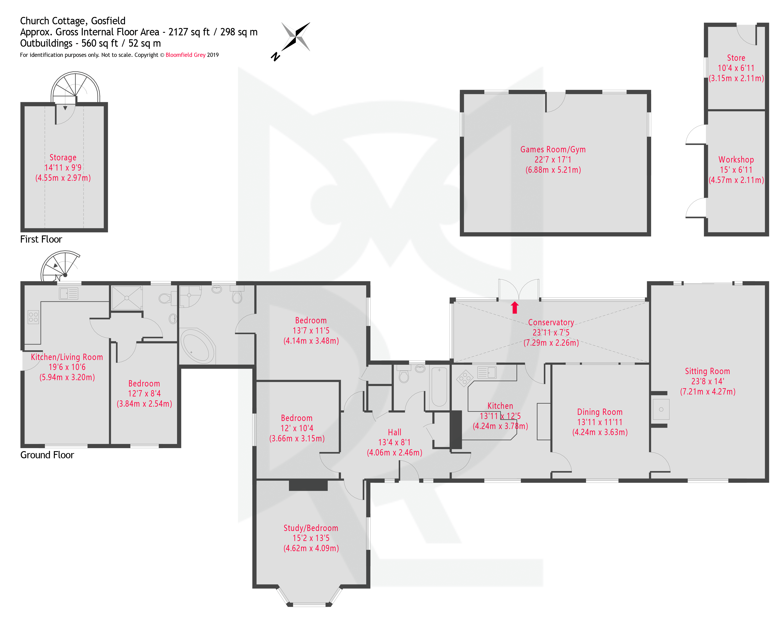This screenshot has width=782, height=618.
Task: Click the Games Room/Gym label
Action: (x=553, y=150)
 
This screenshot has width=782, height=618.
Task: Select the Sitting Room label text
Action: (x=707, y=371)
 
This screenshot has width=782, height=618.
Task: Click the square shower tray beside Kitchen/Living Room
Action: (x=127, y=298)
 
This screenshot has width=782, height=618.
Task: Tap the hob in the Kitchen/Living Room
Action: (x=33, y=317)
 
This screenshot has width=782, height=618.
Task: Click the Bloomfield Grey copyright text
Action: (x=185, y=55)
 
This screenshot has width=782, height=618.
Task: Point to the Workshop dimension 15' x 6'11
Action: (x=736, y=170)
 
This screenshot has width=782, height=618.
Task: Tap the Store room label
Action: (x=736, y=58)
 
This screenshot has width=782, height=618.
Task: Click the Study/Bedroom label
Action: (x=311, y=528)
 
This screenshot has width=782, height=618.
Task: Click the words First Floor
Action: (x=41, y=239)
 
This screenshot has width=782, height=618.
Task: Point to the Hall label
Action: (x=394, y=432)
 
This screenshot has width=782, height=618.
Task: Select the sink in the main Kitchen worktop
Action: (x=487, y=372)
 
